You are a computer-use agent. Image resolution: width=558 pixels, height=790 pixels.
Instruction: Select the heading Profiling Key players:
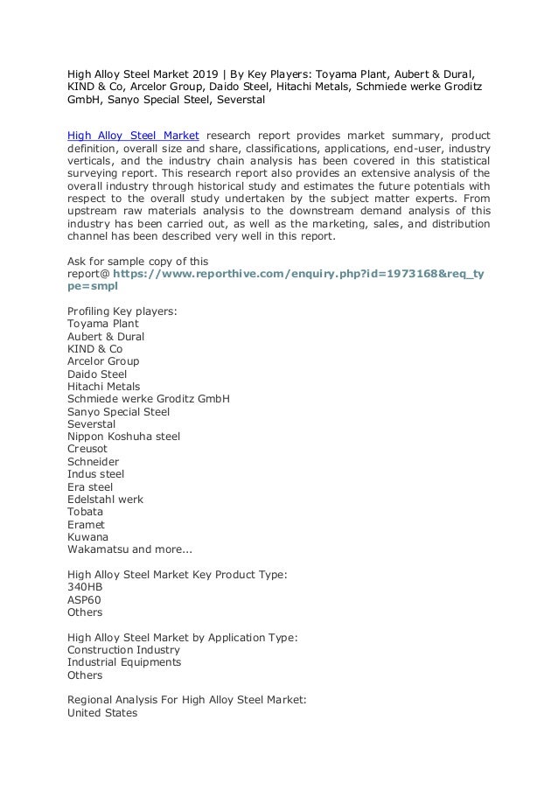(x=123, y=311)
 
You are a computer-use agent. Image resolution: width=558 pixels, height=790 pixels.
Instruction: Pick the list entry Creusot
(x=89, y=449)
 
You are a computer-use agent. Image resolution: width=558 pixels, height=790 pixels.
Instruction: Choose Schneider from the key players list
(x=93, y=461)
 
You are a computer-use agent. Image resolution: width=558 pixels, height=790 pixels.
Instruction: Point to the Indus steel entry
(x=95, y=474)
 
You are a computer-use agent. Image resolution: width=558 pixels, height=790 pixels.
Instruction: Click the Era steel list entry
(x=90, y=486)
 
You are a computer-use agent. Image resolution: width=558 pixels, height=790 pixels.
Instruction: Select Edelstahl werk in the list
(x=105, y=500)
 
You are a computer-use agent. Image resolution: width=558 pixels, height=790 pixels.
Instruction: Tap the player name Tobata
(x=85, y=512)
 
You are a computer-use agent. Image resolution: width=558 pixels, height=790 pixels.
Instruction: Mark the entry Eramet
(x=86, y=524)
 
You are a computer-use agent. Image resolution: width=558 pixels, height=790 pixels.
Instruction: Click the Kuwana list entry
(x=87, y=537)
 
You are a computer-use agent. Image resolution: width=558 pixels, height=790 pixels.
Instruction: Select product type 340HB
(x=85, y=588)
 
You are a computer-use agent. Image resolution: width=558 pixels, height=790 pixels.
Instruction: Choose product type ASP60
(x=84, y=600)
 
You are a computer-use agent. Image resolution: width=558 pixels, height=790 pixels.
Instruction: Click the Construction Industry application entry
(x=123, y=650)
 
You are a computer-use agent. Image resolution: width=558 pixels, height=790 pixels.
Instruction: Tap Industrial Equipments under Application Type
(x=124, y=662)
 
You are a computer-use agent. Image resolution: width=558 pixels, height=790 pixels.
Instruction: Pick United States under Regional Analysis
(x=102, y=713)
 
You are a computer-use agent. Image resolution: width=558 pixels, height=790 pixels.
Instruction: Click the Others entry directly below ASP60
(x=85, y=612)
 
